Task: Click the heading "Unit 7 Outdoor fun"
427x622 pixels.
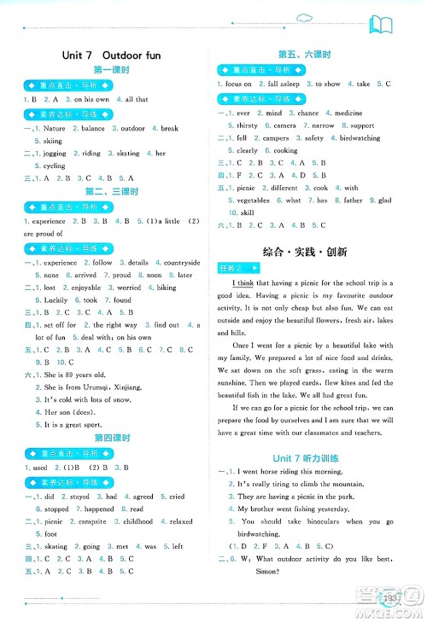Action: pyautogui.click(x=111, y=55)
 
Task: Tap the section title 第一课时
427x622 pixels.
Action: pyautogui.click(x=111, y=71)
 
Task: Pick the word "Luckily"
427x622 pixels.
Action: pyautogui.click(x=50, y=300)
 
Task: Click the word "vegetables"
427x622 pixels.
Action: pyautogui.click(x=252, y=201)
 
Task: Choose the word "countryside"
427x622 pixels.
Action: pyautogui.click(x=180, y=263)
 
